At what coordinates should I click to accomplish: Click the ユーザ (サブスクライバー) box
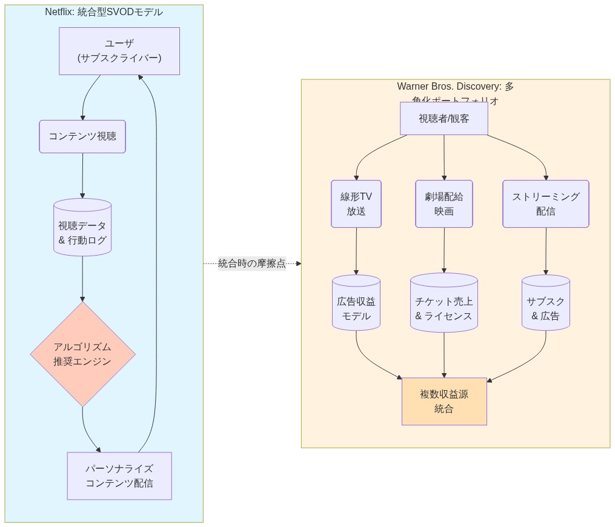(119, 51)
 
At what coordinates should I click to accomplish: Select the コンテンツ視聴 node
(82, 136)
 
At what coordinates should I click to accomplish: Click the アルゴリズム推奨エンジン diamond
(82, 354)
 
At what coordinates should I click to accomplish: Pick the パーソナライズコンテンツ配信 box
(119, 476)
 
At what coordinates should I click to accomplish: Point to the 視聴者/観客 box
(444, 119)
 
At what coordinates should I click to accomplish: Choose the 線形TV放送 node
(356, 204)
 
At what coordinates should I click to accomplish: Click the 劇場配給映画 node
(444, 204)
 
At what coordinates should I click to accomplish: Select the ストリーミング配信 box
(545, 204)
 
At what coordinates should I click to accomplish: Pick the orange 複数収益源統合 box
(444, 401)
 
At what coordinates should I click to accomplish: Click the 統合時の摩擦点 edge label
(252, 263)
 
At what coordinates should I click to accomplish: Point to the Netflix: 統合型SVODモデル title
(104, 12)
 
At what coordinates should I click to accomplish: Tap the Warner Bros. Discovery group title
(455, 87)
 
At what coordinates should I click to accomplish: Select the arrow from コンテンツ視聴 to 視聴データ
(82, 176)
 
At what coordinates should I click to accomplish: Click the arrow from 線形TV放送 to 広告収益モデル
(356, 251)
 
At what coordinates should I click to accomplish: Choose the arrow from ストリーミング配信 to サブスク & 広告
(546, 251)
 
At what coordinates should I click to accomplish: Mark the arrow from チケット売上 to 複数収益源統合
(444, 355)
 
